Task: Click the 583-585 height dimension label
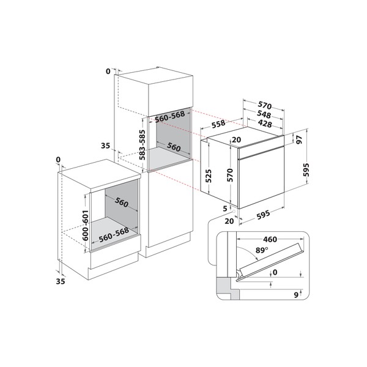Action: tap(143, 143)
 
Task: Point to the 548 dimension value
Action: tap(264, 114)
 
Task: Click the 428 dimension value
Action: tap(264, 124)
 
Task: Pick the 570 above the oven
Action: tap(264, 105)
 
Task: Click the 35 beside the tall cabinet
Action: tap(105, 146)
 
